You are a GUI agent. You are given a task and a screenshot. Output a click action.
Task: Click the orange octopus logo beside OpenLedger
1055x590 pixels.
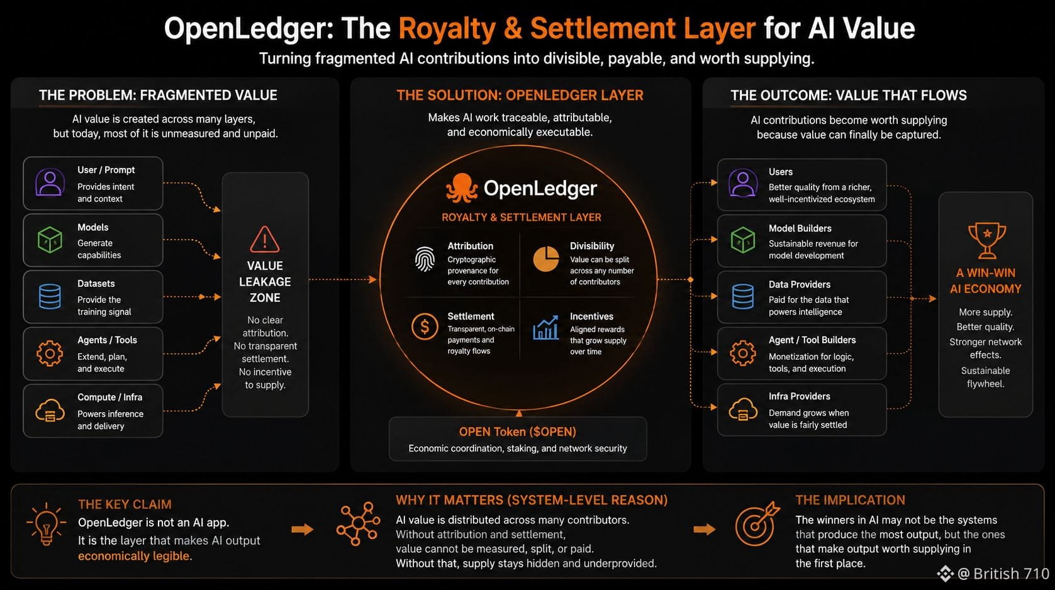coord(462,188)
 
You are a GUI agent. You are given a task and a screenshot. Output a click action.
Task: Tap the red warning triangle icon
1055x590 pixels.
coord(265,240)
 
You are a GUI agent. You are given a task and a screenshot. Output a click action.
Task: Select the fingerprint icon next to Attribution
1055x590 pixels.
coord(425,259)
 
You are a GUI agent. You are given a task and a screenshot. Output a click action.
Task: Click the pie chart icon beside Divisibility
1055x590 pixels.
coord(546,259)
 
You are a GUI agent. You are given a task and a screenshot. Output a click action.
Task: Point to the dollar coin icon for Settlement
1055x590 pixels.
coord(425,326)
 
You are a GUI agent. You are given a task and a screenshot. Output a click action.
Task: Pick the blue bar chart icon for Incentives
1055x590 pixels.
coord(546,327)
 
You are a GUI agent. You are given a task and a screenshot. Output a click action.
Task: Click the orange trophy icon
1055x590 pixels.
coord(986,241)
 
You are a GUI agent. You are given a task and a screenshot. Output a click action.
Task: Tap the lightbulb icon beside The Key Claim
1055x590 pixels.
coord(46,523)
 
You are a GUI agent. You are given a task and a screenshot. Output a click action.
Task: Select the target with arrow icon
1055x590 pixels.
coord(757,523)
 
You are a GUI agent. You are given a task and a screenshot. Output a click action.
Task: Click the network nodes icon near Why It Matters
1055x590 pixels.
coord(359,523)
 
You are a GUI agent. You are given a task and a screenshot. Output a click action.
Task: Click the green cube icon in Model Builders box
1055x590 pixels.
coord(743,240)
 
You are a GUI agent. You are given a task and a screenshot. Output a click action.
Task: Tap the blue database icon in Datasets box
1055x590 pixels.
coord(50,296)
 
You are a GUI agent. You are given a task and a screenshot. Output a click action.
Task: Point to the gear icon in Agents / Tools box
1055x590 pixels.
coord(50,353)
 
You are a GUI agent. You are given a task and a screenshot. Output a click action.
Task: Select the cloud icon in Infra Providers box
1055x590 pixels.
coord(743,409)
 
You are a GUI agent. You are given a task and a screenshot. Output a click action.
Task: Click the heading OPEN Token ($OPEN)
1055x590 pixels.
coord(518,431)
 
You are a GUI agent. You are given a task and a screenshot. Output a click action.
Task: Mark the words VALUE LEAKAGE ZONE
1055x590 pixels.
coord(265,282)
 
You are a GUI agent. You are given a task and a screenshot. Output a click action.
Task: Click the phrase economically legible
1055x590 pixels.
coord(134,556)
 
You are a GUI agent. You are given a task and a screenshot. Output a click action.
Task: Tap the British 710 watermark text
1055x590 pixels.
coord(1011,574)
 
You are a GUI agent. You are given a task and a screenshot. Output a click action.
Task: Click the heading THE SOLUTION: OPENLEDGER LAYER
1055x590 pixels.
coord(520,95)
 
